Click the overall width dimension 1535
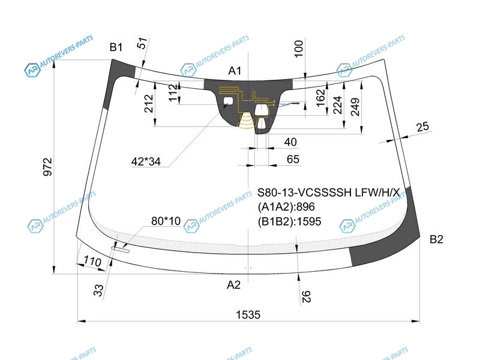coord(248,314)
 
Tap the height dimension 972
coord(48,167)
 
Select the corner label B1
coord(116,47)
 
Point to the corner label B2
coord(436,239)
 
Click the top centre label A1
coord(235,71)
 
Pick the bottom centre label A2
coord(233,285)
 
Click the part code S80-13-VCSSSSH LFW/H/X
coord(328,193)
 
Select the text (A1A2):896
coord(286,207)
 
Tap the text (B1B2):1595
coord(289,221)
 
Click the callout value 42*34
coord(146,161)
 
